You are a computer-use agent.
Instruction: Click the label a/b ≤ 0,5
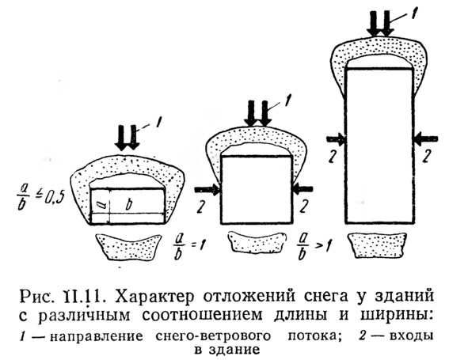[41, 198]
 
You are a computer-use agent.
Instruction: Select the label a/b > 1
[314, 247]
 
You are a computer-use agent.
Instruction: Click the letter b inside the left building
[129, 205]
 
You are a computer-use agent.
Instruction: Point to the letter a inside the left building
[101, 204]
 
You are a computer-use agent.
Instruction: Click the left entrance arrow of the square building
[207, 190]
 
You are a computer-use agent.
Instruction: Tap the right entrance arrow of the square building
[303, 189]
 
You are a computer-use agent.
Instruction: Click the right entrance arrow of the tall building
[425, 138]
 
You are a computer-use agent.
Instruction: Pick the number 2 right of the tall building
[427, 156]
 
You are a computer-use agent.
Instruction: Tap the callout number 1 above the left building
[158, 123]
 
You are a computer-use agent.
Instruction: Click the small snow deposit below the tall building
[378, 245]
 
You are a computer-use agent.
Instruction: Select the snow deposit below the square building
[257, 242]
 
